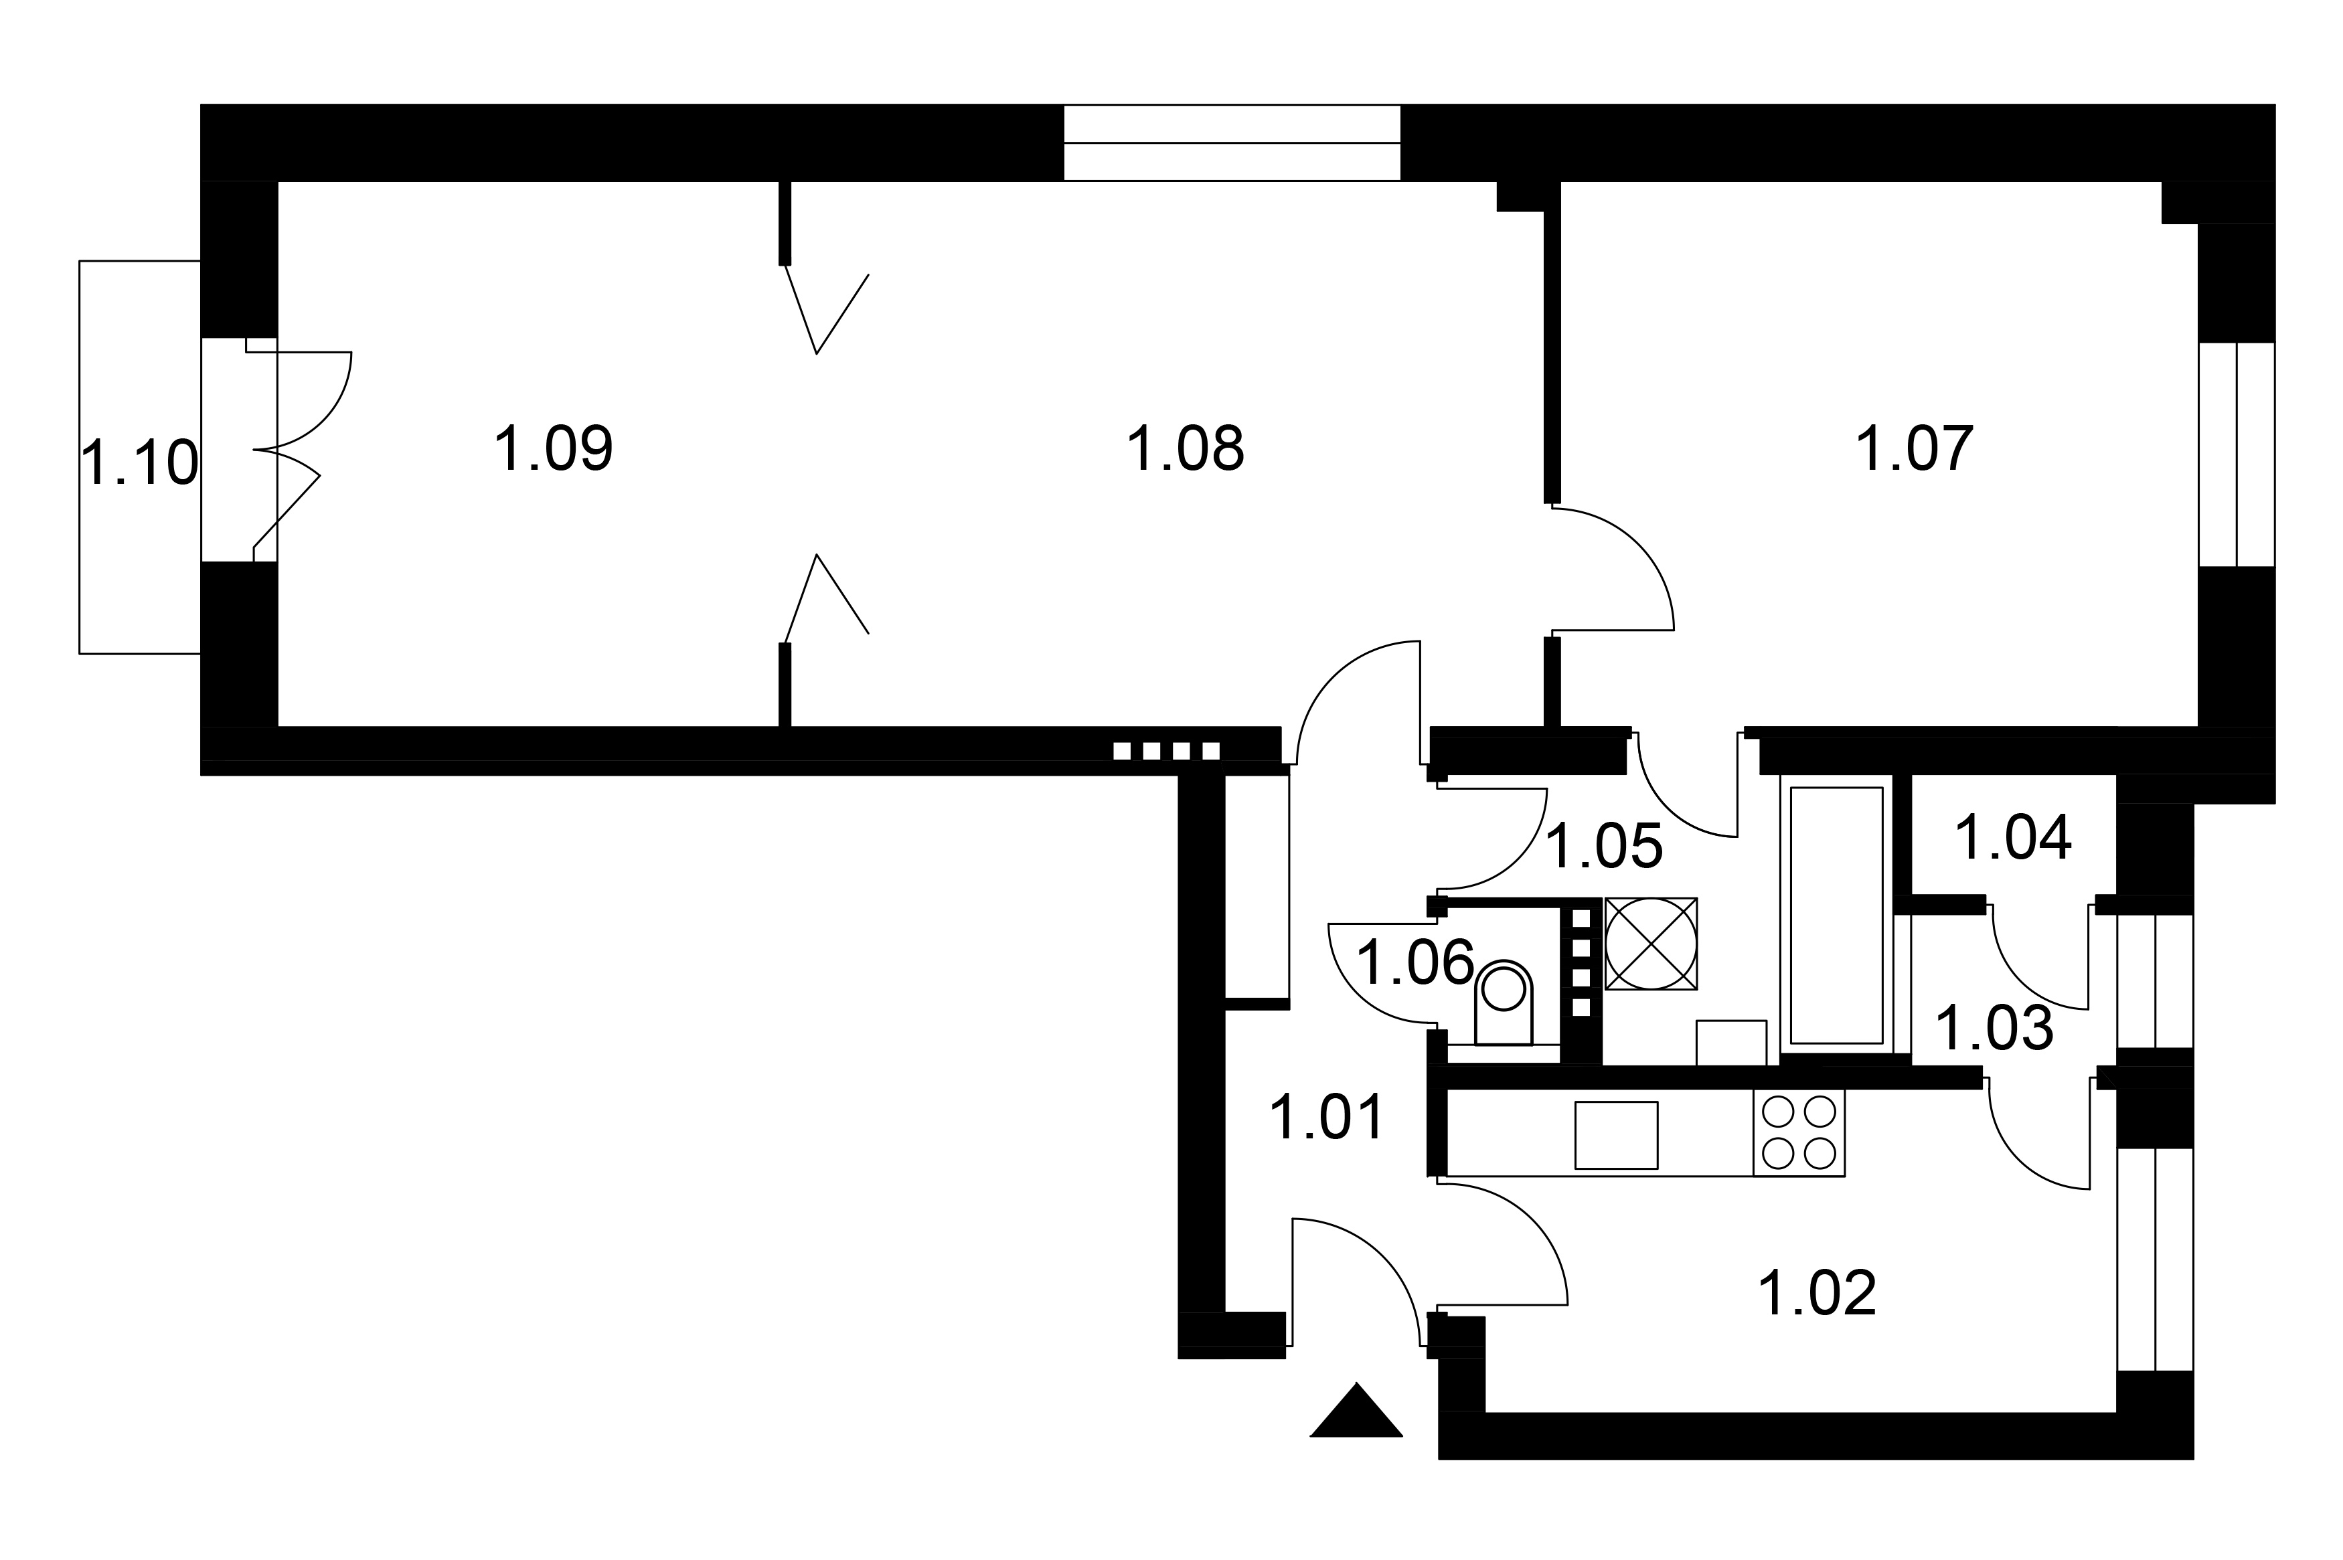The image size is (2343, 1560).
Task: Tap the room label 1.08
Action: click(1184, 448)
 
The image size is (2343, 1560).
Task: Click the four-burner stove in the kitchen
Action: click(1799, 1132)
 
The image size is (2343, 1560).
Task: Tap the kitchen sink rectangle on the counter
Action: click(1616, 1135)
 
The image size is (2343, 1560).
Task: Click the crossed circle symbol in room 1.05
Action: click(1651, 943)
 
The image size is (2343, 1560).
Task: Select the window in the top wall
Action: click(1232, 143)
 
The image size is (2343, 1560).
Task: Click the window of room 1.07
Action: click(2237, 454)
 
